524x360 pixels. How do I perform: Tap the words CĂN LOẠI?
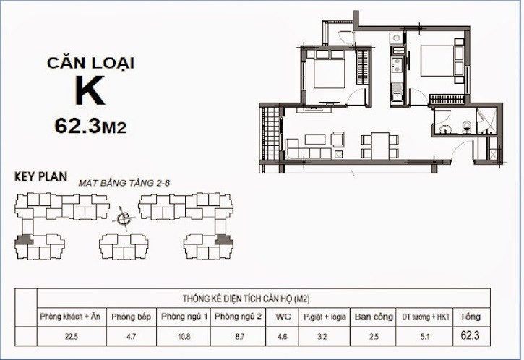point(91,63)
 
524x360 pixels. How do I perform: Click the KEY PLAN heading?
point(41,176)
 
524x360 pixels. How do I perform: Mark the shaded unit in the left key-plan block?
point(25,241)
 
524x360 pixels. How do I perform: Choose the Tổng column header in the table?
point(470,317)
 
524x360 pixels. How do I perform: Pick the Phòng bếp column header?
point(132,317)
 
